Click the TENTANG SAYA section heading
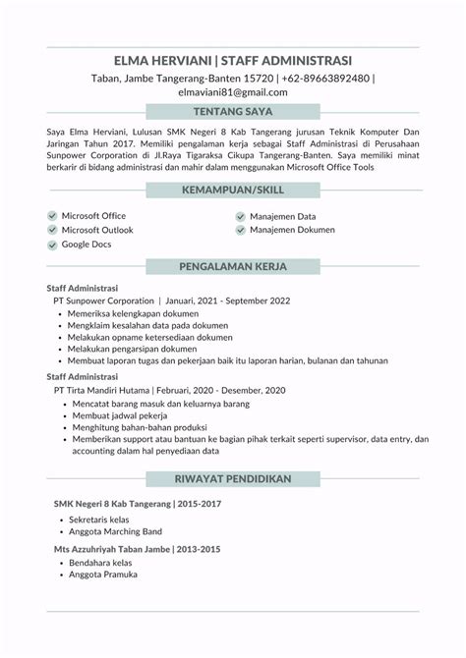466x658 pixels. pyautogui.click(x=233, y=111)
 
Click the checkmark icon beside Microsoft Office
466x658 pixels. pyautogui.click(x=51, y=215)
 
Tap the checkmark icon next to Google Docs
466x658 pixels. pyautogui.click(x=51, y=245)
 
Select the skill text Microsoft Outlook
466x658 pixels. pyautogui.click(x=97, y=230)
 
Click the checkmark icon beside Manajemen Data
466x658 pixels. pyautogui.click(x=240, y=215)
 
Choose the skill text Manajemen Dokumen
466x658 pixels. pyautogui.click(x=292, y=230)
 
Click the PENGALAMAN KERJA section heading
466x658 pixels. pyautogui.click(x=233, y=266)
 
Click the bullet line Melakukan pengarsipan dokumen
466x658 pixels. pyautogui.click(x=132, y=349)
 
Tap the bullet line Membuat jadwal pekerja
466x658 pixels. pyautogui.click(x=118, y=415)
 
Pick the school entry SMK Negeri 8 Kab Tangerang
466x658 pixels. pyautogui.click(x=113, y=504)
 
